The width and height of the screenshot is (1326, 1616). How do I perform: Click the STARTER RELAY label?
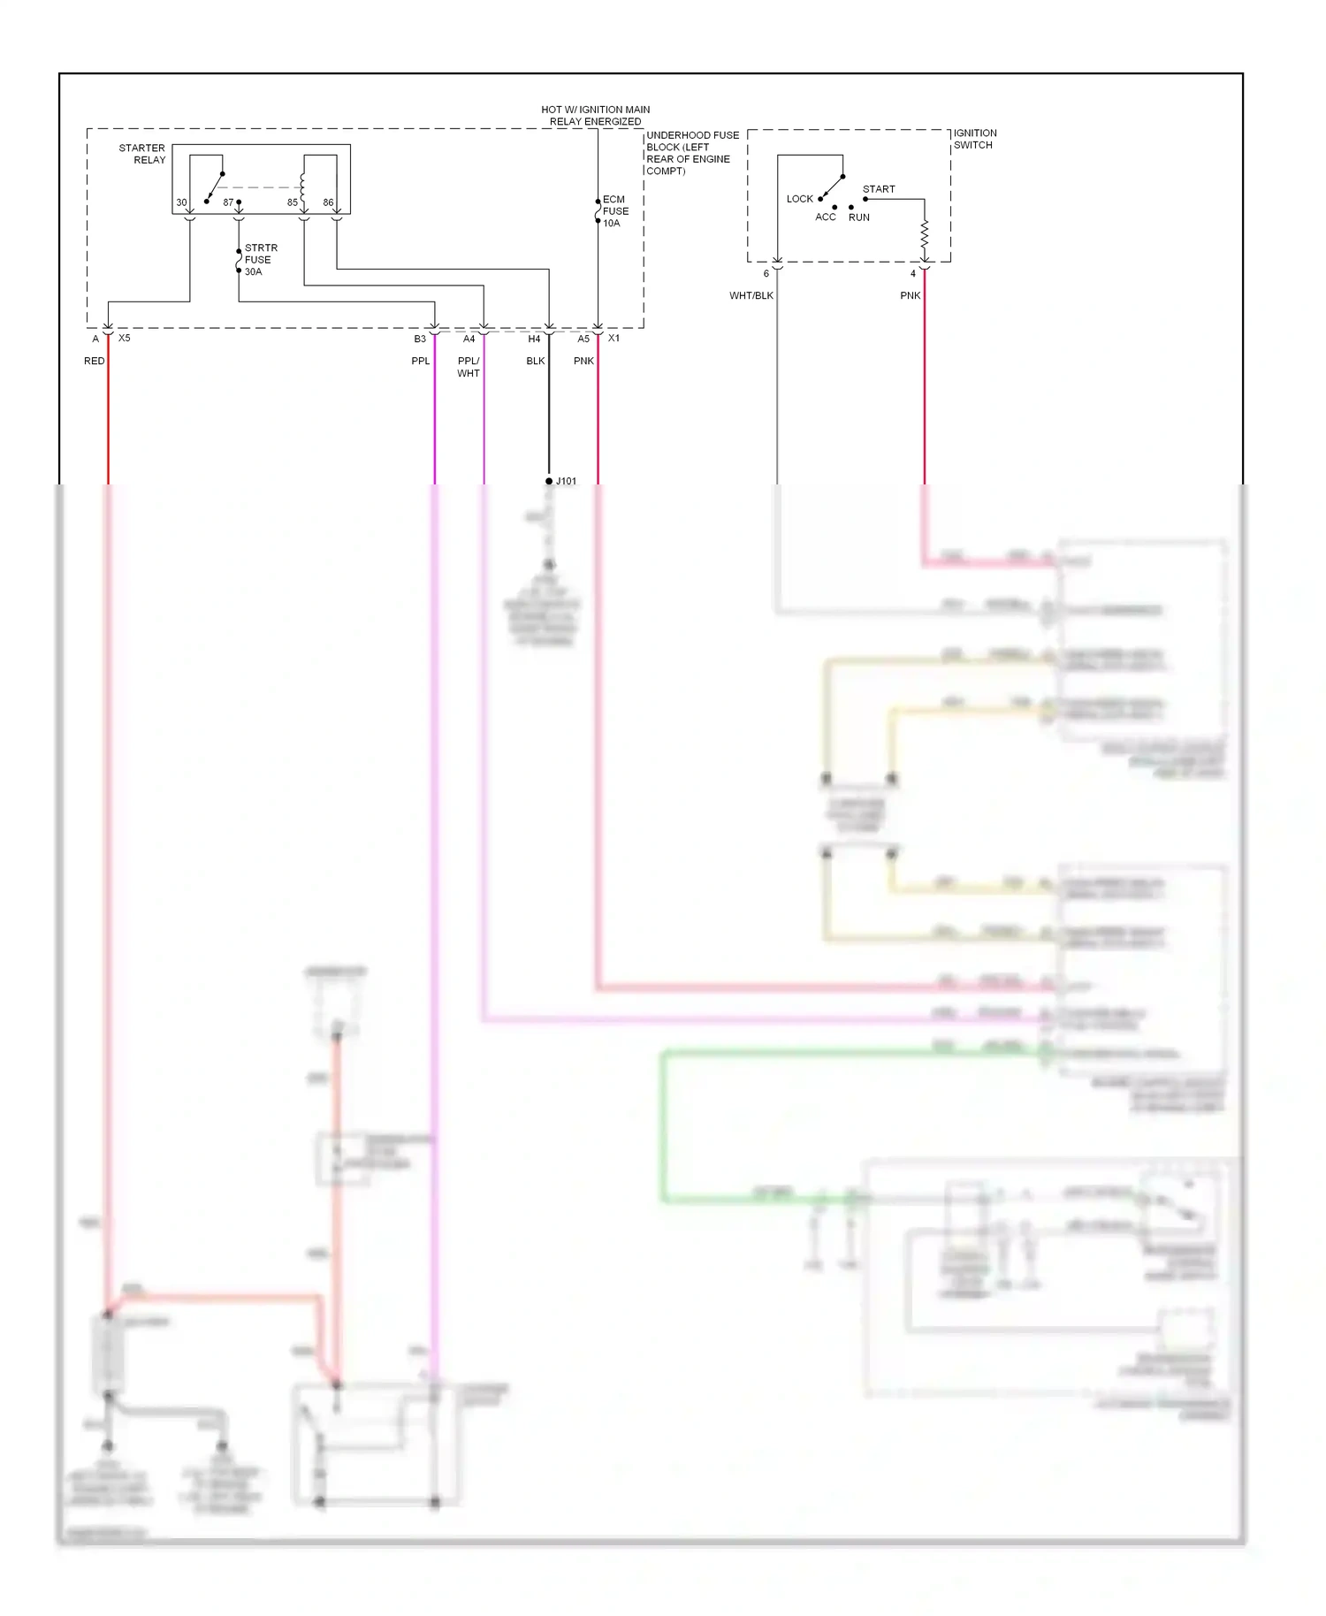click(142, 154)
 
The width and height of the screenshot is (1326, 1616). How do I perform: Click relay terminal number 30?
click(181, 202)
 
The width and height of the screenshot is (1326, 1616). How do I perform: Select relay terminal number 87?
click(228, 202)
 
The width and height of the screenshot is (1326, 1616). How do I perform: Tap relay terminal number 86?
click(328, 202)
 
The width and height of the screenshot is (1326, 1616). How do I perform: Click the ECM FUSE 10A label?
click(615, 211)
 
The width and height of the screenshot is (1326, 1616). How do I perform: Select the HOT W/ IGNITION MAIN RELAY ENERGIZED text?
click(595, 116)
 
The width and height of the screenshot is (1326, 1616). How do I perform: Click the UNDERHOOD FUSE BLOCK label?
click(691, 153)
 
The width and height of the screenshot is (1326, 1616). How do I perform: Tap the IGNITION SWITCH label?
click(974, 139)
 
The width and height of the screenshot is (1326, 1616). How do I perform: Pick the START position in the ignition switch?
click(879, 189)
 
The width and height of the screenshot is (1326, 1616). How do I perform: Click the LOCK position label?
click(799, 199)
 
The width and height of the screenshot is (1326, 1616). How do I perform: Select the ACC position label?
click(825, 217)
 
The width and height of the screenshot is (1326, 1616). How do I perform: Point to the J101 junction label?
click(566, 481)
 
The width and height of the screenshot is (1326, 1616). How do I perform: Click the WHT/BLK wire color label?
click(751, 295)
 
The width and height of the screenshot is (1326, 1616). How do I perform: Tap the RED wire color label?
click(94, 361)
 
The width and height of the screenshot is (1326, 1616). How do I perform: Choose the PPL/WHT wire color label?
click(469, 367)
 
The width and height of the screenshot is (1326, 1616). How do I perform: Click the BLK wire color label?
click(535, 361)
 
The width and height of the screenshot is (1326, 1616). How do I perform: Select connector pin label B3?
click(420, 339)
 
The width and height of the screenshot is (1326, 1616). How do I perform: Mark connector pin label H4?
click(534, 339)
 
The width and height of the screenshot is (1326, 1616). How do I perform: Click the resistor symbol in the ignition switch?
click(925, 235)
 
